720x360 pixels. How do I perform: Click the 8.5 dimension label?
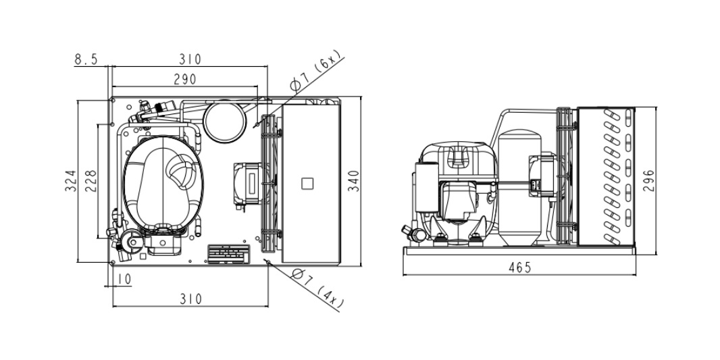coord(86,59)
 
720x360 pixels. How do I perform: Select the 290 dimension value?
coord(184,80)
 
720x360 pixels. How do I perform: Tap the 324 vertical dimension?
coord(70,181)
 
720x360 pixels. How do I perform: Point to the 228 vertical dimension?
coord(91,181)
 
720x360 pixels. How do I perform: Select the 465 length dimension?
coord(520,267)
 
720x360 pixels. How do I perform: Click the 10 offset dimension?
coord(124,279)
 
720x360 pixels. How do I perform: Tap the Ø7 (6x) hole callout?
coord(316,70)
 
